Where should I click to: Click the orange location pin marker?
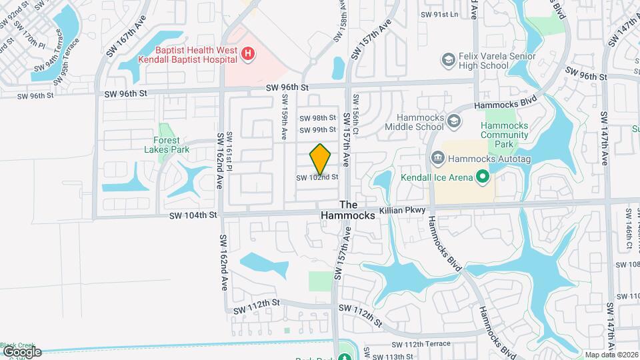point(320,159)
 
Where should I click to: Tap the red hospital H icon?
point(248,53)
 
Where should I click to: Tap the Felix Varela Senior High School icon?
point(448,61)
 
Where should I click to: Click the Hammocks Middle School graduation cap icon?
point(454,121)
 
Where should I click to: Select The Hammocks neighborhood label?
point(349,211)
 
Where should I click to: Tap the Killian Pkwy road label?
point(402,210)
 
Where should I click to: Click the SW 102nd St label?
point(314,177)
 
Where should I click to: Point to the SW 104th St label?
point(193,215)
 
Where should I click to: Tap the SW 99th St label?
point(317,130)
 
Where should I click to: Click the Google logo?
point(22,351)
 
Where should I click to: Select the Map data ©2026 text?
point(611,355)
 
